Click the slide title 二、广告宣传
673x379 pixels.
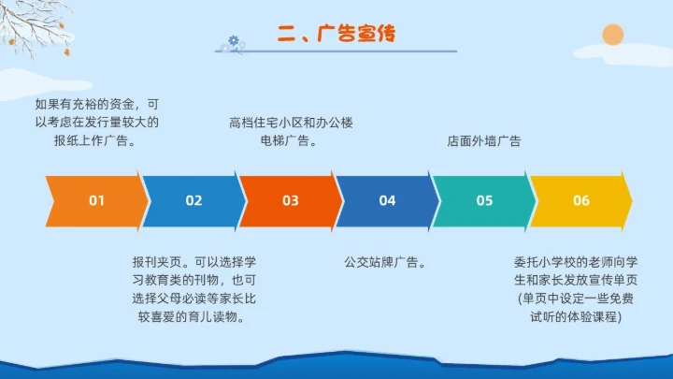point(336,35)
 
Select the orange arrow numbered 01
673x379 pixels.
point(96,200)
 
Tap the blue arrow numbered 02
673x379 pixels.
point(193,200)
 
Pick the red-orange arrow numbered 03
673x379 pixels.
point(291,200)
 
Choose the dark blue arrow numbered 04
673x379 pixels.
point(387,200)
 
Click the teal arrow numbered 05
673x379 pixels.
point(484,200)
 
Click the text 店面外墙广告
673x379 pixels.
point(483,141)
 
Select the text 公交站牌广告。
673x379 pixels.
point(386,261)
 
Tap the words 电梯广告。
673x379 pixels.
point(291,141)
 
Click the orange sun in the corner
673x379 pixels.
point(612,36)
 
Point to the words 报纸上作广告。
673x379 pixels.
point(96,141)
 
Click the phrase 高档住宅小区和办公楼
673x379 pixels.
point(290,122)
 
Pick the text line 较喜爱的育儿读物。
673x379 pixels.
point(193,318)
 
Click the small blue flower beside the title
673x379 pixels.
point(233,42)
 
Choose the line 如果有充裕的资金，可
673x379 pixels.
point(96,103)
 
